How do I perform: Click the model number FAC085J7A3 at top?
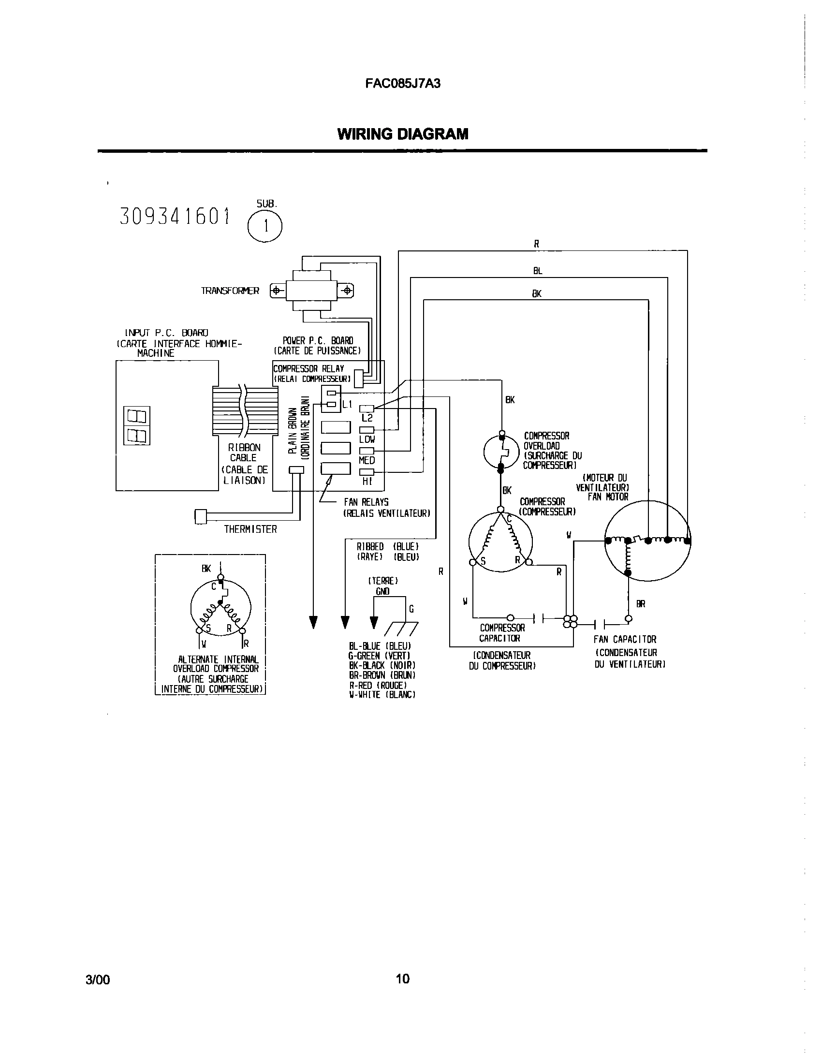(x=403, y=84)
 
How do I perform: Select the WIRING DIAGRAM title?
(x=403, y=134)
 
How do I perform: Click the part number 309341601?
(x=174, y=217)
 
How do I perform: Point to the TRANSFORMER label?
(x=230, y=291)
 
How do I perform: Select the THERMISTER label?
(x=250, y=529)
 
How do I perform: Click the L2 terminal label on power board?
(x=367, y=418)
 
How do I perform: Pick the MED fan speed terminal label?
(x=367, y=460)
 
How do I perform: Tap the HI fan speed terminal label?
(x=367, y=482)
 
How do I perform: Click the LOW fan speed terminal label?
(x=367, y=439)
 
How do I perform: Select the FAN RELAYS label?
(x=366, y=502)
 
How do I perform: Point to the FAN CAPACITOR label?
(x=625, y=640)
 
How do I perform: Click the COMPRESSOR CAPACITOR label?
(x=501, y=633)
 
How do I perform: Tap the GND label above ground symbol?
(x=382, y=591)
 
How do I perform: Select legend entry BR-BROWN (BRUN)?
(x=382, y=675)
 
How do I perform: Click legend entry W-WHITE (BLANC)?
(x=382, y=695)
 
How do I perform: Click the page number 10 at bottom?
(x=402, y=979)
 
